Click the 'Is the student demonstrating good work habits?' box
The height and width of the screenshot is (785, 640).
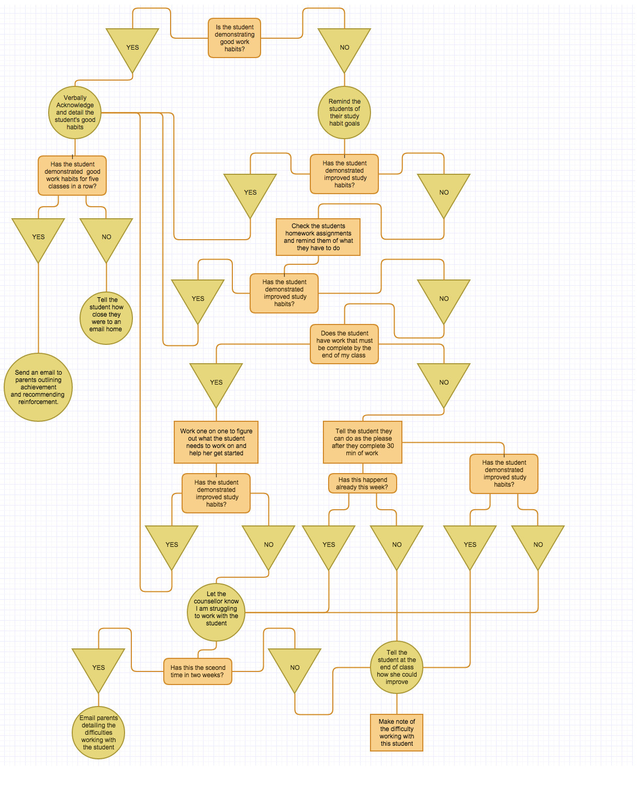tap(234, 38)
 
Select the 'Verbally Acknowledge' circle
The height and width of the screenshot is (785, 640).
tap(75, 113)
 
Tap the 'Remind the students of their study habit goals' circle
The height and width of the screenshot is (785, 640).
tap(344, 113)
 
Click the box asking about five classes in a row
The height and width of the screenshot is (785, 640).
tap(72, 175)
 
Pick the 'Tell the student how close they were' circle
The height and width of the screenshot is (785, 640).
tap(106, 318)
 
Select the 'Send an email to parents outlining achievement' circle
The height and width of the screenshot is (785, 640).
tap(38, 387)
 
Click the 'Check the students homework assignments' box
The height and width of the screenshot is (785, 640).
tap(318, 237)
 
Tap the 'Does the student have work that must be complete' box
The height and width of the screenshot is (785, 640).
tap(344, 344)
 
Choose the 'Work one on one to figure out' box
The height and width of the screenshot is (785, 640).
tap(216, 442)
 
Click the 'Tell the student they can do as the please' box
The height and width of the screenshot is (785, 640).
tap(363, 442)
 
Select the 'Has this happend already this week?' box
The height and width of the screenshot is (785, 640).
tap(363, 484)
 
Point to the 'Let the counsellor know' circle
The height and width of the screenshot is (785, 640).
tap(216, 612)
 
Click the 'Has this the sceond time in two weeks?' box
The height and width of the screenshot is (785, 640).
tap(198, 671)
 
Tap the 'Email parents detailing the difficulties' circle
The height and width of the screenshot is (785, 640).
tap(98, 733)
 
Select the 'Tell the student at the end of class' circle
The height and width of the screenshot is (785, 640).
tap(397, 667)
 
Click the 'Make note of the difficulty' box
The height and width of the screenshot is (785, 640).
tap(397, 733)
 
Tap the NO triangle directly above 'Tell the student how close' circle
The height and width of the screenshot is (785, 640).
tap(106, 235)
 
